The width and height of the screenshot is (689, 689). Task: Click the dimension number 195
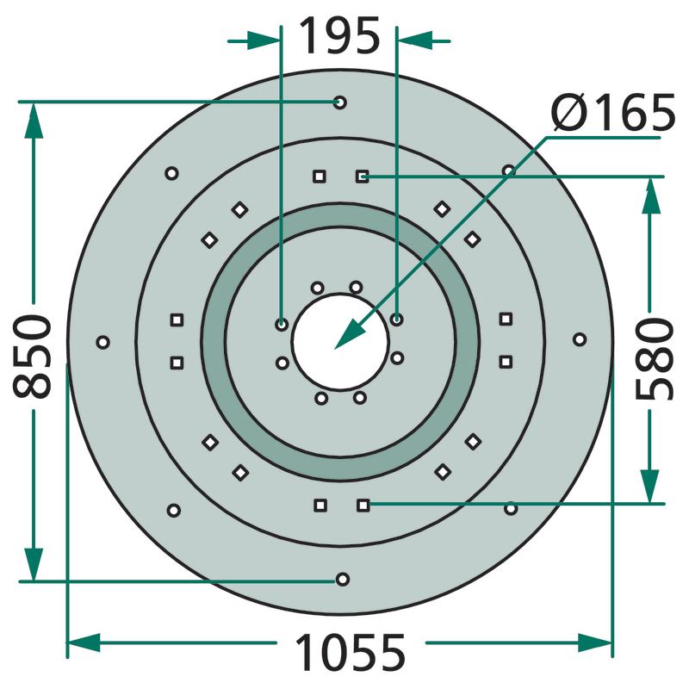339,36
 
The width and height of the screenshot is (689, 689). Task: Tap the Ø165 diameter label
612,113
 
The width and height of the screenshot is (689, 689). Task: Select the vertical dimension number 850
33,356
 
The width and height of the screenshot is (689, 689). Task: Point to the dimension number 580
655,359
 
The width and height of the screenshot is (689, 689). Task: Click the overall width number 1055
351,652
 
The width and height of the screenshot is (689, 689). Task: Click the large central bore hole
340,341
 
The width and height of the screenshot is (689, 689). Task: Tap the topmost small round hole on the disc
339,102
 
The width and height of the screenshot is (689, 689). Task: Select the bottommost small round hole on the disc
342,579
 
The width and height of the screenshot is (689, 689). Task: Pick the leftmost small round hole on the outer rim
102,342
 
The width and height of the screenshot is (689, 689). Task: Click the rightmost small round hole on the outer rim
580,339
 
